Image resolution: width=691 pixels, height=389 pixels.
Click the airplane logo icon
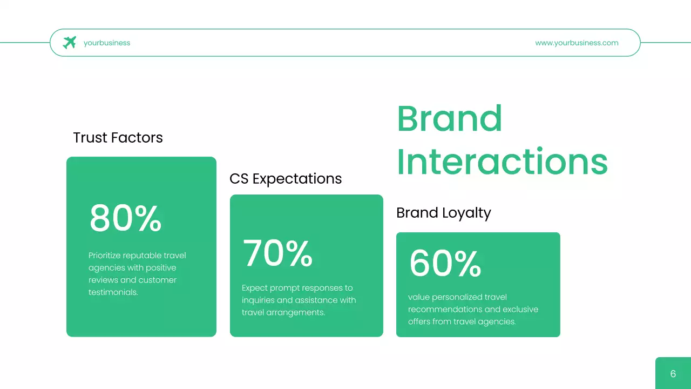[70, 43]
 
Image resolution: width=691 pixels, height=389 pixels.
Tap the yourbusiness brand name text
[107, 43]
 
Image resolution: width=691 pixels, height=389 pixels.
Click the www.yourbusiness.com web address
[577, 43]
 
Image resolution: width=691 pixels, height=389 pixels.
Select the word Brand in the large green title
[449, 118]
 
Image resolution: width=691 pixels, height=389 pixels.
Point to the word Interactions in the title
[502, 161]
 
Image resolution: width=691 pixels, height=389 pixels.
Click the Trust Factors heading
[118, 138]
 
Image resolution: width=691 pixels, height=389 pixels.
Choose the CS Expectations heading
[286, 179]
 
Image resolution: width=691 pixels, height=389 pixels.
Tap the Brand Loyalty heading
[444, 213]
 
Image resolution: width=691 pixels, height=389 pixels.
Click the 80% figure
[126, 218]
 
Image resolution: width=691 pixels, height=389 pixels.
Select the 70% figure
[277, 253]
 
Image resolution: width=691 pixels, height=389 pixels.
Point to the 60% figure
[445, 263]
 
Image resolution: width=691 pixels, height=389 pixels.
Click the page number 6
[673, 374]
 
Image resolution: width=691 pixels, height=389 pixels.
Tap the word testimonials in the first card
[113, 292]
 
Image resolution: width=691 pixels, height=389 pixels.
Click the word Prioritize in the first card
[105, 256]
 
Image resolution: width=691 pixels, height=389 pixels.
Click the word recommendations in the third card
[450, 310]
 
